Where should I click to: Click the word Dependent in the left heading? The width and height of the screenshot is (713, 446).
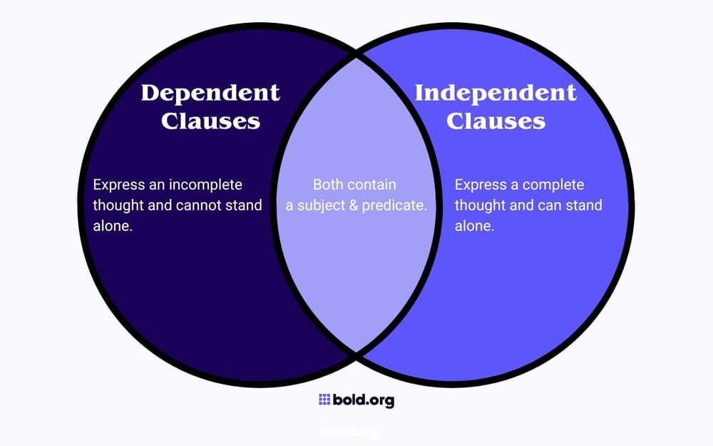pos(210,93)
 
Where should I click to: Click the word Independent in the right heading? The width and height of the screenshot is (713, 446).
pos(496,93)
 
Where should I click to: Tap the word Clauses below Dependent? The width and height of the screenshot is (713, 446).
pos(210,121)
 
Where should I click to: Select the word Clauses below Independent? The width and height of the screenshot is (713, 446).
pos(496,121)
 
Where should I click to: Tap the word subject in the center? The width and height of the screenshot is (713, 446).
pos(324,206)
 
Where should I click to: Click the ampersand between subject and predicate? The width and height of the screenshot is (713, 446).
pos(356,206)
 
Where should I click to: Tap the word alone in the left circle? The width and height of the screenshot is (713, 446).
pos(112,225)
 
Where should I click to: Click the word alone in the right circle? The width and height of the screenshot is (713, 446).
pos(473,225)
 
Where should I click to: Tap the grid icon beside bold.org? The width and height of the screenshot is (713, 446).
pos(324,400)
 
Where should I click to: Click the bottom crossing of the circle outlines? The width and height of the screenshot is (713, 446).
pos(356,352)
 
